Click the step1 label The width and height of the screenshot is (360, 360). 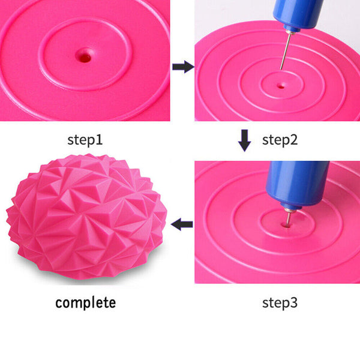[x=85, y=140]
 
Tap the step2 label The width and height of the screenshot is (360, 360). [x=280, y=140]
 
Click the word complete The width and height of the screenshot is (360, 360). [x=85, y=302]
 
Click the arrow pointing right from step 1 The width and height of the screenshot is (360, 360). [x=182, y=67]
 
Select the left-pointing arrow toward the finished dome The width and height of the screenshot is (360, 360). [x=182, y=224]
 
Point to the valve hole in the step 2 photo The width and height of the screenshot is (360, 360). [x=280, y=85]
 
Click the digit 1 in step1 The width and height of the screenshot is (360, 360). [x=100, y=140]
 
